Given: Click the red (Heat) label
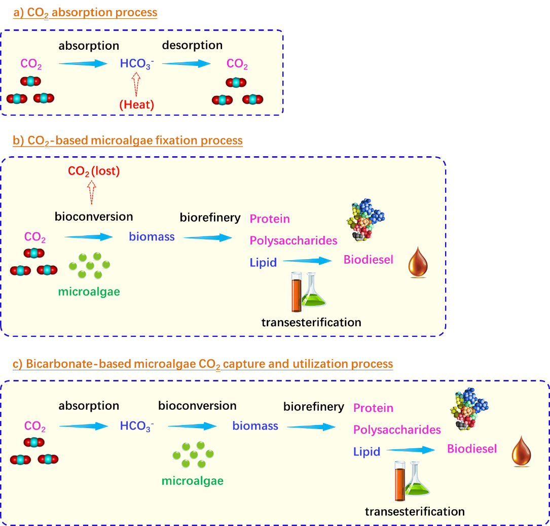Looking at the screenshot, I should pos(137,104).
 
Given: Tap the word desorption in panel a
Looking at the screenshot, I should pos(192,45).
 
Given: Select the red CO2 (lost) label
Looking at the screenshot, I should pos(94,171).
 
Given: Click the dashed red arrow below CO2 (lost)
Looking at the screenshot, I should pos(92,193).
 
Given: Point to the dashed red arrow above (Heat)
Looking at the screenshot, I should pos(136,85).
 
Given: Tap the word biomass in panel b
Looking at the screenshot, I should pos(152,236).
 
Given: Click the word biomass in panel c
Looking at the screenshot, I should pos(255,426).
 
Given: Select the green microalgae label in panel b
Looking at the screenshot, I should pos(89,292).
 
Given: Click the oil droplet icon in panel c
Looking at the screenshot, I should pos(521,451).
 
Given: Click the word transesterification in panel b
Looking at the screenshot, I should pos(311,322).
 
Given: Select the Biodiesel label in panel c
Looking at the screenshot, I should pos(471,449).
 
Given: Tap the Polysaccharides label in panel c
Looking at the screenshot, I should pos(397,430).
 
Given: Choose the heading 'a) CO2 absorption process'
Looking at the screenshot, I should pos(85,13).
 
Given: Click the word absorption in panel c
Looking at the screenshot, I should pos(89,406).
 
